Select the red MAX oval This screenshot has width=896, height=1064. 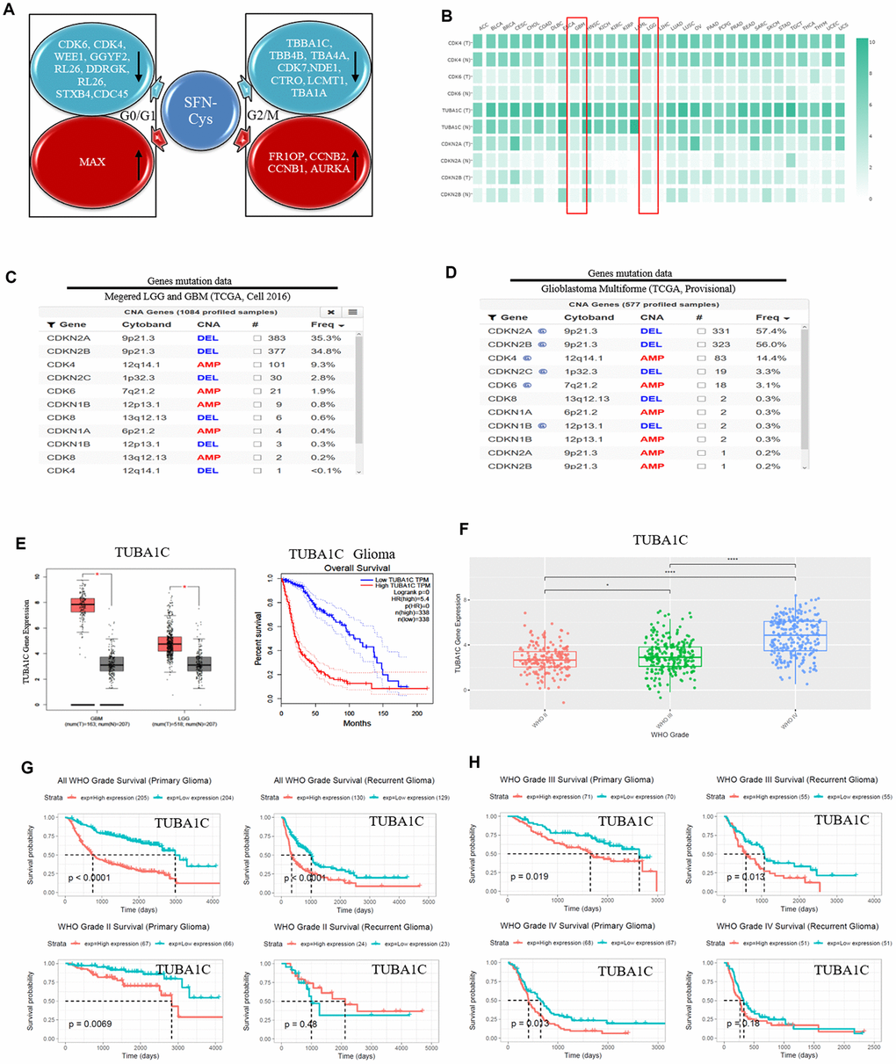pyautogui.click(x=92, y=162)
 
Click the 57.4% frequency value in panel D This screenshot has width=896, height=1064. pyautogui.click(x=770, y=331)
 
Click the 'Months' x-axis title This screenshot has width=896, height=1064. pyautogui.click(x=357, y=723)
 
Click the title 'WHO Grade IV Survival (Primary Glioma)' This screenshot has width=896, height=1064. pyautogui.click(x=576, y=926)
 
